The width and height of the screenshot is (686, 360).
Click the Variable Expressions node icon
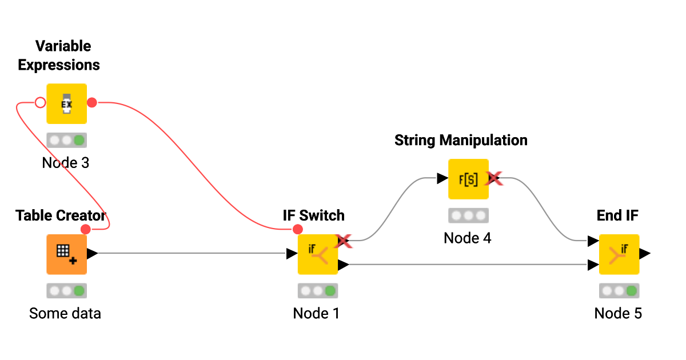pyautogui.click(x=66, y=103)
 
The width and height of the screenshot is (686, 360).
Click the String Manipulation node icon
pyautogui.click(x=468, y=179)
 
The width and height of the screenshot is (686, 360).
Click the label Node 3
pyautogui.click(x=66, y=163)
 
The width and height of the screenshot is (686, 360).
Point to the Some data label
pyautogui.click(x=65, y=313)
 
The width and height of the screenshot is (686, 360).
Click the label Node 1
pyautogui.click(x=316, y=313)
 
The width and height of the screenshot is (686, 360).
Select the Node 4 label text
pyautogui.click(x=467, y=238)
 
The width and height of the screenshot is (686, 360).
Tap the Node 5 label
pyautogui.click(x=618, y=313)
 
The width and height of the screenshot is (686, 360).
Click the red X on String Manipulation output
pyautogui.click(x=493, y=179)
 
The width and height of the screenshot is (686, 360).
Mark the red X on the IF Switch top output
pyautogui.click(x=343, y=241)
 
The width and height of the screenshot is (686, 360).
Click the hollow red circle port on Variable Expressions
pyautogui.click(x=40, y=103)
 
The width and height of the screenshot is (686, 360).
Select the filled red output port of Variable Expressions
pyautogui.click(x=92, y=103)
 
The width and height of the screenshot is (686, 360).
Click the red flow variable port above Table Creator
pyautogui.click(x=86, y=229)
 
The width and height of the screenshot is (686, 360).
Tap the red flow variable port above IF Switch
pyautogui.click(x=297, y=229)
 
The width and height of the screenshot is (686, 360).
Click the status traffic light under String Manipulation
pyautogui.click(x=468, y=215)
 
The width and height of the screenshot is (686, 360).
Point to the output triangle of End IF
pyautogui.click(x=644, y=254)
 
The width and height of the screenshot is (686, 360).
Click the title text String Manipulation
pyautogui.click(x=461, y=140)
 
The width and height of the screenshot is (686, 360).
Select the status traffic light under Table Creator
pyautogui.click(x=66, y=291)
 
